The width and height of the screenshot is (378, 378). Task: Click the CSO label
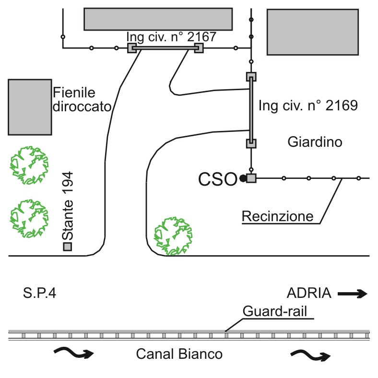click(x=218, y=179)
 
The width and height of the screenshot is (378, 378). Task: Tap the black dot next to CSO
click(x=243, y=178)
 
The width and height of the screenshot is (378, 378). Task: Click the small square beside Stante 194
click(x=68, y=247)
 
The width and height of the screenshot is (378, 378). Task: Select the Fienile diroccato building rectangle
click(x=30, y=107)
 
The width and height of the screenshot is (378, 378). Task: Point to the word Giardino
click(x=315, y=142)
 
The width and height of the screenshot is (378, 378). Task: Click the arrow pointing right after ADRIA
click(x=352, y=294)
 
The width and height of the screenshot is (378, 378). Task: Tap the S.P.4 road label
click(x=39, y=293)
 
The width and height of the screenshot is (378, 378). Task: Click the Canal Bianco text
click(x=179, y=354)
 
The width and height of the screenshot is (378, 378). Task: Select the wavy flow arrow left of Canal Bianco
click(x=74, y=353)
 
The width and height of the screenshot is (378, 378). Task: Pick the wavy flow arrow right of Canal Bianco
click(x=310, y=355)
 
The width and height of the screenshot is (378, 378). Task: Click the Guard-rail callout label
click(x=275, y=311)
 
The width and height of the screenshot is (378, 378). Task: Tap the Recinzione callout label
click(x=277, y=216)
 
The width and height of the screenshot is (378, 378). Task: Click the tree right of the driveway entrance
click(x=173, y=236)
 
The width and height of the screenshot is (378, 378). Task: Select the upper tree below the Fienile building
click(x=29, y=165)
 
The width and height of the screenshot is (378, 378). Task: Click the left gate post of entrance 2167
click(x=132, y=48)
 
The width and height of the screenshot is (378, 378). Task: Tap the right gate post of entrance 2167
click(x=199, y=48)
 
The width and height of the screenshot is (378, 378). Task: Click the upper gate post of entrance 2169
click(x=251, y=77)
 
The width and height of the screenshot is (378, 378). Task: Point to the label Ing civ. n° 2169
click(x=308, y=106)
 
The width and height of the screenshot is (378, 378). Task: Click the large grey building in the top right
click(x=313, y=32)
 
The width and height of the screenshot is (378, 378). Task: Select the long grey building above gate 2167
click(x=158, y=19)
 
